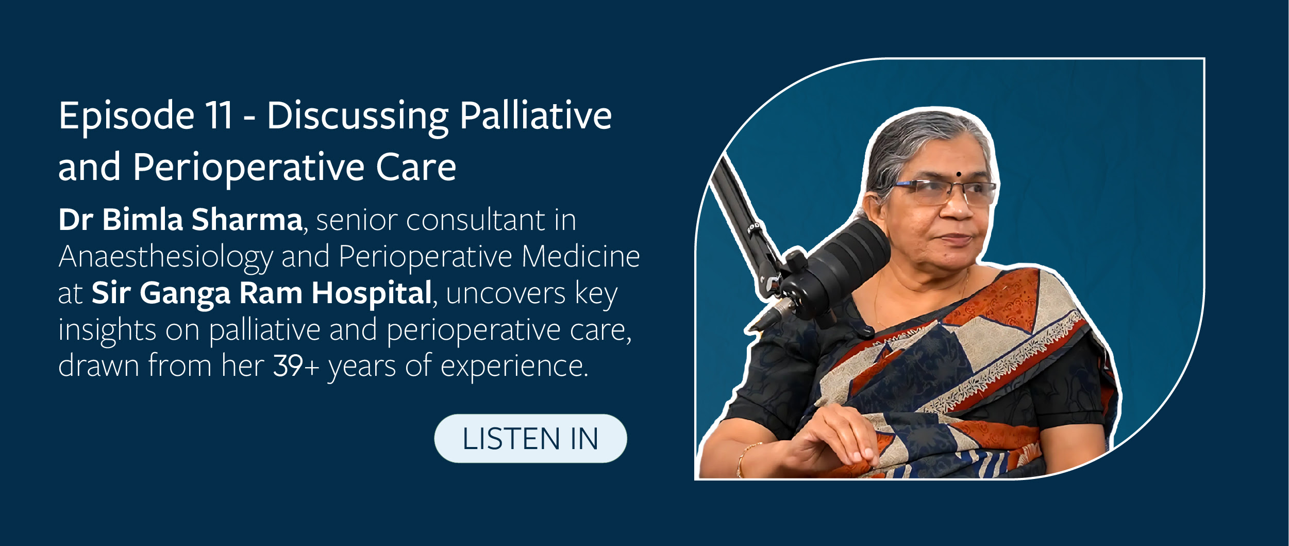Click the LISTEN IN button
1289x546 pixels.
[530, 438]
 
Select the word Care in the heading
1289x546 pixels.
[416, 167]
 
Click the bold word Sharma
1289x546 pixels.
[247, 220]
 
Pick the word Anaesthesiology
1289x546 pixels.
[165, 257]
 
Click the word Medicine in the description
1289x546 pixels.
[580, 256]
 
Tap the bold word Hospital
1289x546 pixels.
[371, 293]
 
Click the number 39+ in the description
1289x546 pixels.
[296, 366]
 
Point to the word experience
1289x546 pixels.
[514, 367]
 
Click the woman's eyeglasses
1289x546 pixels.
[943, 192]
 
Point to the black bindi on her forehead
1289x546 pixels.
[958, 174]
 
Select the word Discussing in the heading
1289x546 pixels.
[358, 116]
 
